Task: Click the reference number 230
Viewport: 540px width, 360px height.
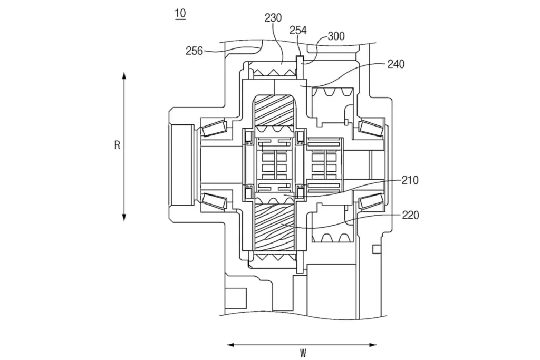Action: click(x=273, y=18)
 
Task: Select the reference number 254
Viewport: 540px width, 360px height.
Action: click(x=297, y=30)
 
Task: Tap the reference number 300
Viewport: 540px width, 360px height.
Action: click(x=336, y=36)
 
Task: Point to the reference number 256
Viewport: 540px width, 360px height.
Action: click(x=194, y=51)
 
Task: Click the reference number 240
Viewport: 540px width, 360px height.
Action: click(x=396, y=64)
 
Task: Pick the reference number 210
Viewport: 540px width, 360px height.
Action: click(x=410, y=180)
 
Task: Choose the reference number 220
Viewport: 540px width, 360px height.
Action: click(x=410, y=216)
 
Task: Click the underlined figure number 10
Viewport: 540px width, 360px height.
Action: click(x=180, y=14)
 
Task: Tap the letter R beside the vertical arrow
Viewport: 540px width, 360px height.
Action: click(x=117, y=145)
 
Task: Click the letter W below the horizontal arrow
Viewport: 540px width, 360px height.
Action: click(x=303, y=353)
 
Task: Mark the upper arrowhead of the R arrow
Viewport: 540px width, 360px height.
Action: click(x=124, y=75)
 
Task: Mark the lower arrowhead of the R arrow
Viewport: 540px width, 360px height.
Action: click(x=124, y=218)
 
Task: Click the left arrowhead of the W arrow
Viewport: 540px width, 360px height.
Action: click(x=231, y=345)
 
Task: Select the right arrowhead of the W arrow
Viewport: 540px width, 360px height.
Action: click(x=373, y=345)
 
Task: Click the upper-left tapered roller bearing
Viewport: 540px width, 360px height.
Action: click(x=214, y=129)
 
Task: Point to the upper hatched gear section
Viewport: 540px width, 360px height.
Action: click(x=274, y=111)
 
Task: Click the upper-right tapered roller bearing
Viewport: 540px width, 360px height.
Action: click(x=371, y=128)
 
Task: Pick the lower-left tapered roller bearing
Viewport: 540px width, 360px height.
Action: click(x=214, y=201)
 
